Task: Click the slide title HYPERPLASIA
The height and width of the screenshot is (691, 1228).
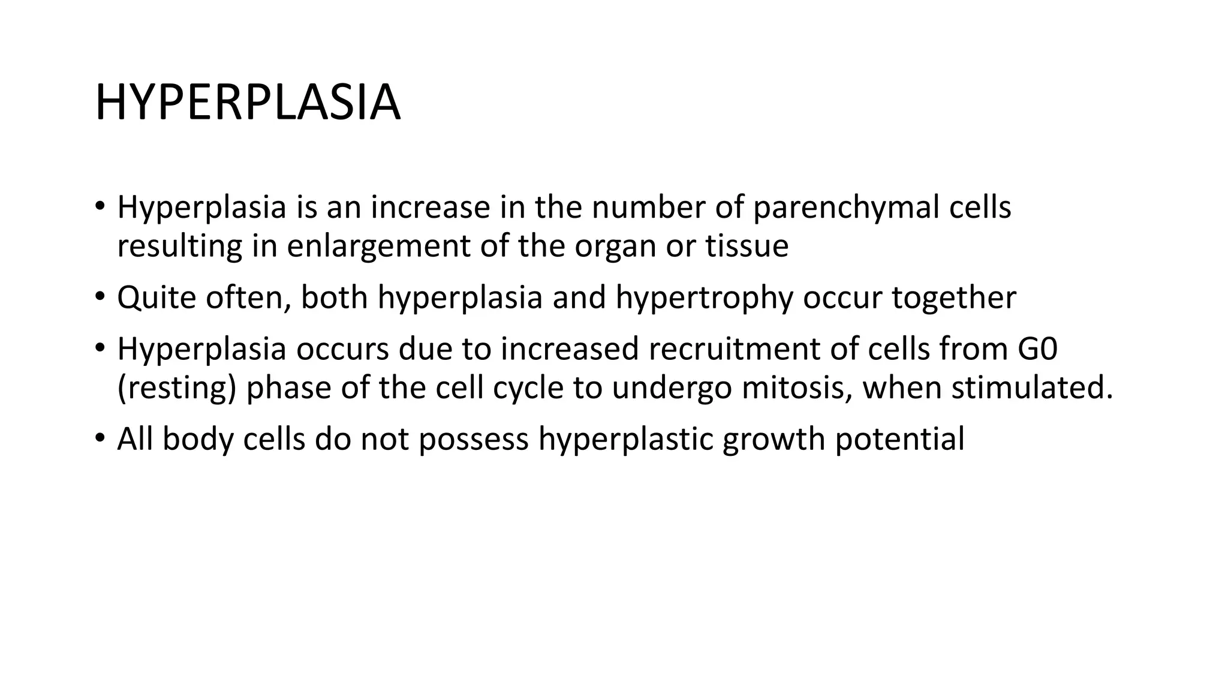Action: (247, 103)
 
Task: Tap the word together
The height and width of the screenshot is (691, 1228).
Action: (953, 298)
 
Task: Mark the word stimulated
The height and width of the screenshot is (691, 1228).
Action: (1031, 387)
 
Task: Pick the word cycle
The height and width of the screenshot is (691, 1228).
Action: (528, 388)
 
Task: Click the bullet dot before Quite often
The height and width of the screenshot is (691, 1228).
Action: (100, 296)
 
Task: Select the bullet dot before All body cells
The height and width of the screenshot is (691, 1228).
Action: (100, 438)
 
